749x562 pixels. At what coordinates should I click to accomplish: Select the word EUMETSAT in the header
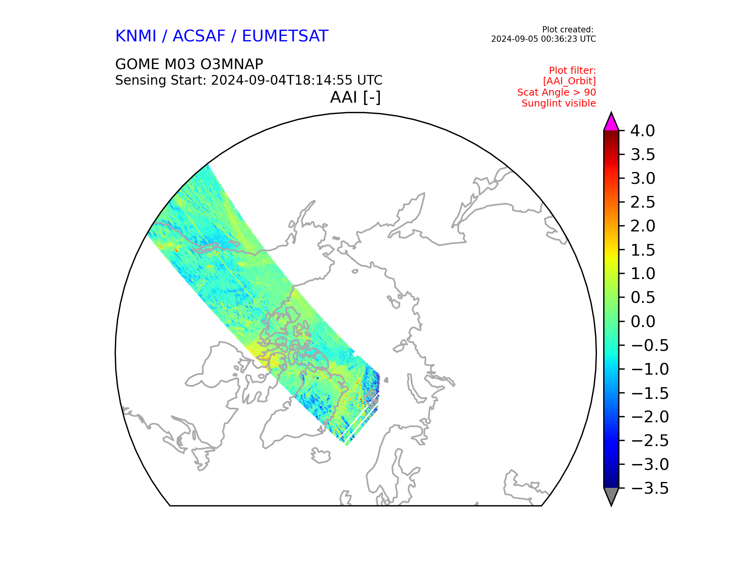point(285,36)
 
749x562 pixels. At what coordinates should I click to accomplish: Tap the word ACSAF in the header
point(199,36)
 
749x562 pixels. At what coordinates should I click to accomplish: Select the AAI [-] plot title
point(355,97)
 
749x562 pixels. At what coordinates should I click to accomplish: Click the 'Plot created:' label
point(568,30)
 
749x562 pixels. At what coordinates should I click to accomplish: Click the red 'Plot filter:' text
point(572,71)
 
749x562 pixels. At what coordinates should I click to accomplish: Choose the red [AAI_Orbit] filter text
point(569,81)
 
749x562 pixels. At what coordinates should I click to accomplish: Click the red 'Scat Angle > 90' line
point(556,92)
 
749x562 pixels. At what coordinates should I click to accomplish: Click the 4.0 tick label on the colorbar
point(643,131)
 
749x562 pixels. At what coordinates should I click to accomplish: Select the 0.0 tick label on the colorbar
point(643,322)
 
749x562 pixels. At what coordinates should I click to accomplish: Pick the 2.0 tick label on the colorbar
point(643,226)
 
